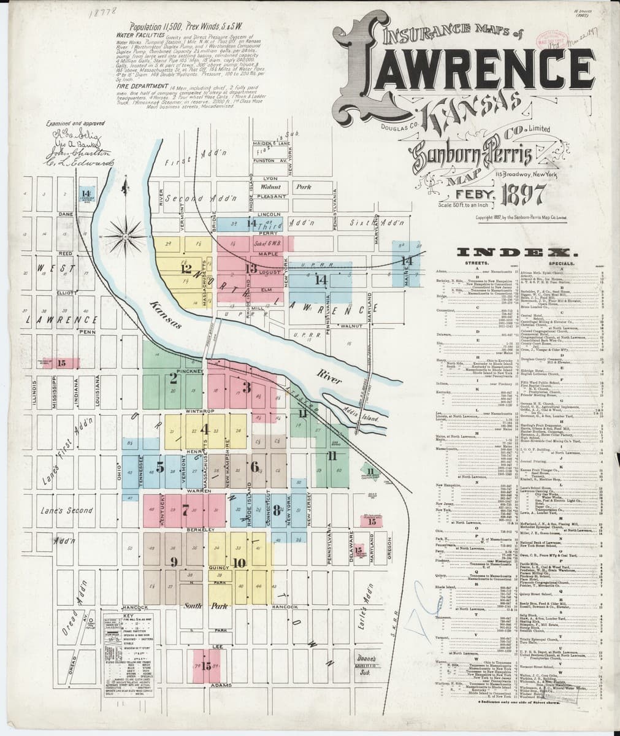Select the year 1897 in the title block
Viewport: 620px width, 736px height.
point(524,195)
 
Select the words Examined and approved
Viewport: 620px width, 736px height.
point(75,123)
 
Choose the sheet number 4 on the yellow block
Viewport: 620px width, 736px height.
point(204,429)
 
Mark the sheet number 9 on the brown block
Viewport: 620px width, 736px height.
point(174,561)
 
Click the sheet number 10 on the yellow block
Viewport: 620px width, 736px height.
point(239,562)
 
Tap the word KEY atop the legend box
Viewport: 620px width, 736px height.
point(128,615)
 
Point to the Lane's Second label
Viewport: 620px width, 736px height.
point(67,510)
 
